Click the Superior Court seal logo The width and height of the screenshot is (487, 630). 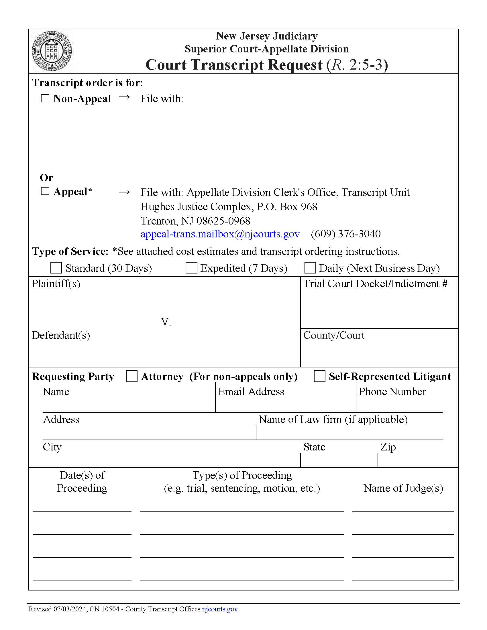click(x=52, y=51)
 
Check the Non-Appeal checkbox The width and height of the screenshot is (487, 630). click(x=45, y=98)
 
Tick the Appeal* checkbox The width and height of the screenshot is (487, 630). click(x=45, y=191)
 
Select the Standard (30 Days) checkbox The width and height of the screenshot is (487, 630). click(x=56, y=268)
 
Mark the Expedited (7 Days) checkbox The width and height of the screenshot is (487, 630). click(x=191, y=268)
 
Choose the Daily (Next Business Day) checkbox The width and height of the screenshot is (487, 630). click(x=310, y=268)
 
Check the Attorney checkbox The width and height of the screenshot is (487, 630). click(x=132, y=377)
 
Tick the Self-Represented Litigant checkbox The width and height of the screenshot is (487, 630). click(x=320, y=377)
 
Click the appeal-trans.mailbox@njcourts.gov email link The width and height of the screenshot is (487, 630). click(x=220, y=234)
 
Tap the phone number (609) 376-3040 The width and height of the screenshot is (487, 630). click(x=346, y=234)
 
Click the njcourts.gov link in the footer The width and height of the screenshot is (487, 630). click(x=220, y=609)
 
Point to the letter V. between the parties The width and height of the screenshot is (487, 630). click(x=166, y=322)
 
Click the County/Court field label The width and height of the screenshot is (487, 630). click(x=334, y=335)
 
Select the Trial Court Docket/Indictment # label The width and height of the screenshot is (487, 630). click(x=375, y=284)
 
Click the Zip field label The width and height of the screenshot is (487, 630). click(x=388, y=447)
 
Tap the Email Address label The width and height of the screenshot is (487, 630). click(x=251, y=392)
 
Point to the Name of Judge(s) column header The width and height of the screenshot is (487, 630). click(x=403, y=488)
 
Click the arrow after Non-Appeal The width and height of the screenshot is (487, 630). click(x=124, y=97)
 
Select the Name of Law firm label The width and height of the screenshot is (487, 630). click(x=333, y=420)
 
